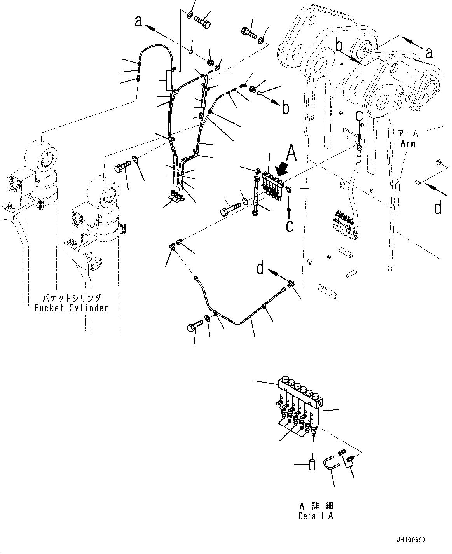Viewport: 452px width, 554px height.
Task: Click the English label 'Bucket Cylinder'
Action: [x=71, y=308]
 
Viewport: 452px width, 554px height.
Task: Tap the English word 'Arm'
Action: [x=408, y=143]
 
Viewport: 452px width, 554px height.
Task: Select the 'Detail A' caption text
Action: [x=316, y=516]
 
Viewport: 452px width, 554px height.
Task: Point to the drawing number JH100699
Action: [x=411, y=540]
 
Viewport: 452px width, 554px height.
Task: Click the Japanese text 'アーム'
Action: [x=408, y=134]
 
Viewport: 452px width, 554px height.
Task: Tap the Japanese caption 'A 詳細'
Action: [x=316, y=507]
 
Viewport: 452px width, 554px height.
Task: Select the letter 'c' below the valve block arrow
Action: [x=290, y=225]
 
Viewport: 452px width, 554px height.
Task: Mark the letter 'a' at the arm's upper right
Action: [x=429, y=52]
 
